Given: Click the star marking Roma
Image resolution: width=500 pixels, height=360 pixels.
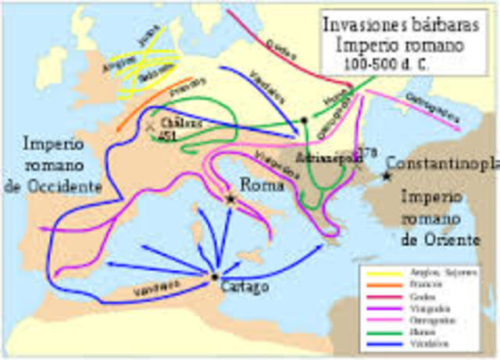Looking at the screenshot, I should pos(230,199).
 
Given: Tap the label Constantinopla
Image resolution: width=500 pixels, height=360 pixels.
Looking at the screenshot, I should pos(442,165).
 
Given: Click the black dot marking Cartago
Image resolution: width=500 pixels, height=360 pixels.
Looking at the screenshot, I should pos(214,276).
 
